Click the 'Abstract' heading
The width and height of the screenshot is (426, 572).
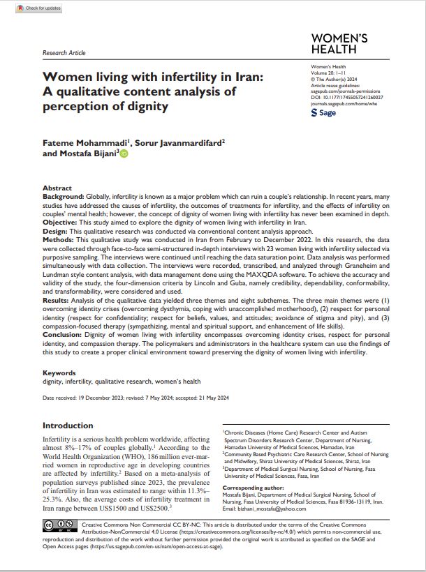57,188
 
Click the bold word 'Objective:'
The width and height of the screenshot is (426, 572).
61,222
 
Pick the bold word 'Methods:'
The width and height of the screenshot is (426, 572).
59,239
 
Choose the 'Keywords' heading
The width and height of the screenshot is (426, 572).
59,373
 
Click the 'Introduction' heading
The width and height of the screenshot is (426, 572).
68,426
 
